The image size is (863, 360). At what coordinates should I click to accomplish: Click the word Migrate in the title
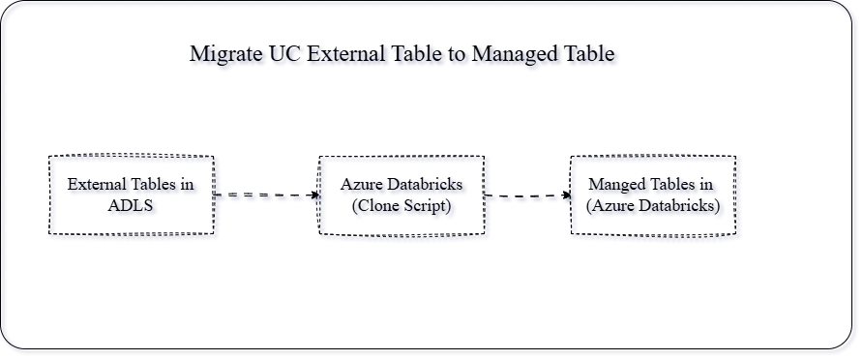(x=225, y=56)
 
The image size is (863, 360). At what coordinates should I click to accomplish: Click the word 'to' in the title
(x=457, y=56)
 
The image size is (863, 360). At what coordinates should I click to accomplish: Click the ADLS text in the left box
(x=134, y=207)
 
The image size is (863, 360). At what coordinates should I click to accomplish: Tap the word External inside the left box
(x=97, y=186)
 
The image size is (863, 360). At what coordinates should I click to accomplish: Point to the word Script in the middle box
(x=428, y=207)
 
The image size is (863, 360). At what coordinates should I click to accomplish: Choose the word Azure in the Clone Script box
(x=364, y=186)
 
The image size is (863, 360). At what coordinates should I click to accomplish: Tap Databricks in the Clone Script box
(x=429, y=186)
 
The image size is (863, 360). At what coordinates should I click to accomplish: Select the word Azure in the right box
(x=616, y=207)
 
